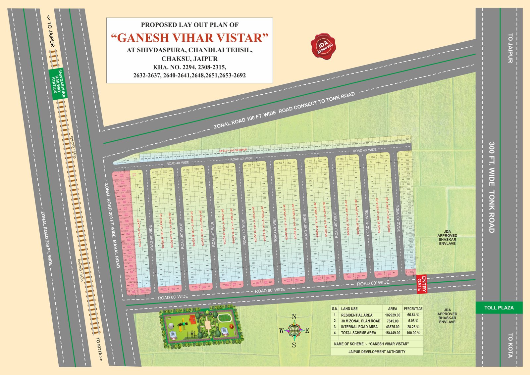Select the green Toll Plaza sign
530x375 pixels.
coord(499,307)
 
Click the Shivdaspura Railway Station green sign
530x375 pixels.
coord(57,83)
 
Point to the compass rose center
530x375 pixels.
coord(294,330)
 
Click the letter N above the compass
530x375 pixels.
coord(294,317)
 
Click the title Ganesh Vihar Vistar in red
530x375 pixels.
coord(189,38)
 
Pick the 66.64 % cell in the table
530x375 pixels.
coord(413,315)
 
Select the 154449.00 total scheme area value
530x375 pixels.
coord(393,333)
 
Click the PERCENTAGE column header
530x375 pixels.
coord(413,308)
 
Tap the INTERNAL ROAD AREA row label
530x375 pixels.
coord(359,327)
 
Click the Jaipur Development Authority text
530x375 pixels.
coord(377,352)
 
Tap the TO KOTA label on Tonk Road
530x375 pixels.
coord(510,345)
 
